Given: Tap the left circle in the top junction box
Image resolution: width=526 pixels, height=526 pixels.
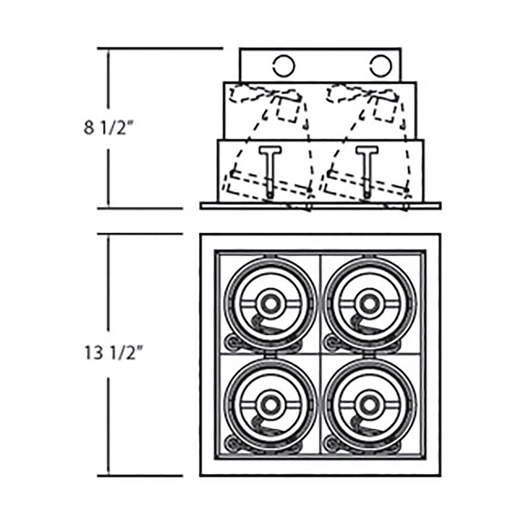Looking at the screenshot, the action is coord(284,66).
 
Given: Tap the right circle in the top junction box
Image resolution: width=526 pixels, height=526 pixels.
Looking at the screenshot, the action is coord(381,66).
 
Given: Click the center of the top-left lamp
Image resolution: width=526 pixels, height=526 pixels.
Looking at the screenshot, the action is coord(270,304).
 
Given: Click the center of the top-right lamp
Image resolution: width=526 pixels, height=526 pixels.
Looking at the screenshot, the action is coord(370,304).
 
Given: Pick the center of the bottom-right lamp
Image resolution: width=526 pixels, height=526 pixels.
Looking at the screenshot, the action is coord(370,404).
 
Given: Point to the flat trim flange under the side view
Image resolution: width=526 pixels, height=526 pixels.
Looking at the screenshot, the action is coord(320,206).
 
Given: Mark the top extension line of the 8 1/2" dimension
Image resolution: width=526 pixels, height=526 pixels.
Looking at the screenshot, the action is coord(160,48).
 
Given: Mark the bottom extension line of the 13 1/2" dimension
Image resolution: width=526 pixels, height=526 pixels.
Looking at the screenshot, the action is coord(140,476).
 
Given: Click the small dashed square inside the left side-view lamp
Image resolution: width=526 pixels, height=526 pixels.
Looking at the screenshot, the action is coord(288,109).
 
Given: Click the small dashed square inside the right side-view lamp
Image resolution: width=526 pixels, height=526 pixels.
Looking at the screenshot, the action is coord(386,109).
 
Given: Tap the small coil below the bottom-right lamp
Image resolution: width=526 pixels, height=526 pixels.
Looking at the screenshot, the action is coord(331,443).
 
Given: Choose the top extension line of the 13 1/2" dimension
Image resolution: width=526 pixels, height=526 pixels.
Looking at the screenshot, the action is coord(140,234).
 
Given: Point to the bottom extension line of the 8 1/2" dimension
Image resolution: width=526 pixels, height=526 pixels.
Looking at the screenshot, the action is coord(140,208).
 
